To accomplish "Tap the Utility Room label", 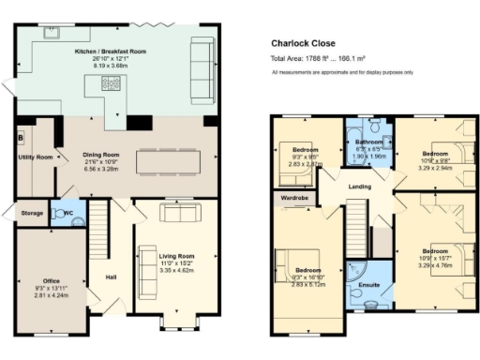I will [36, 157].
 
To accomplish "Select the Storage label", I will [32, 214].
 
